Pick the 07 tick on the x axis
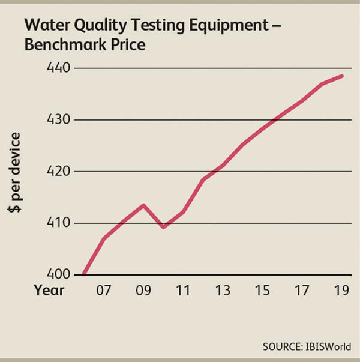coord(104,291)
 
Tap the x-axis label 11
coord(183,291)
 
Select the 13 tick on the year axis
coord(223,291)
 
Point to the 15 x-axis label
coord(262,291)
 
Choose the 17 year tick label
coord(302,291)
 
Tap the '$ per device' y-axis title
coord(15,174)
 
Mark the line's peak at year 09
coord(143,205)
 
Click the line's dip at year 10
coord(163,227)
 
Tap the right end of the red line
coord(342,76)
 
